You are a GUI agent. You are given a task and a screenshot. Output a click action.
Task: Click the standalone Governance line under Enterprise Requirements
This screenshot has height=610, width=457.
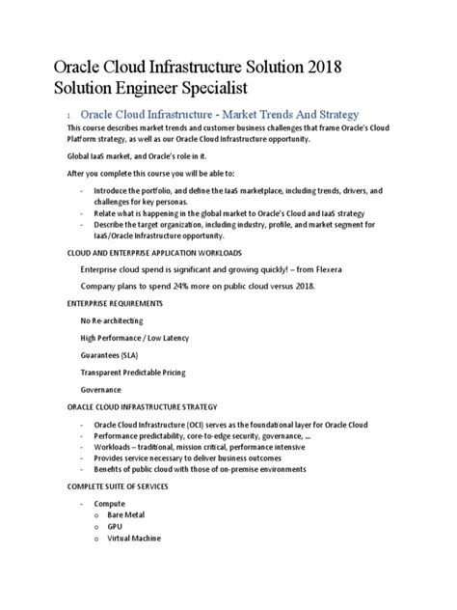click(101, 390)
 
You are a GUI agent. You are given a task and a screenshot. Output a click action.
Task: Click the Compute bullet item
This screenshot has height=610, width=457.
click(109, 504)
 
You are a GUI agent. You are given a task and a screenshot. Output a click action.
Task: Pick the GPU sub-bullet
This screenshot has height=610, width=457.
click(116, 527)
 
